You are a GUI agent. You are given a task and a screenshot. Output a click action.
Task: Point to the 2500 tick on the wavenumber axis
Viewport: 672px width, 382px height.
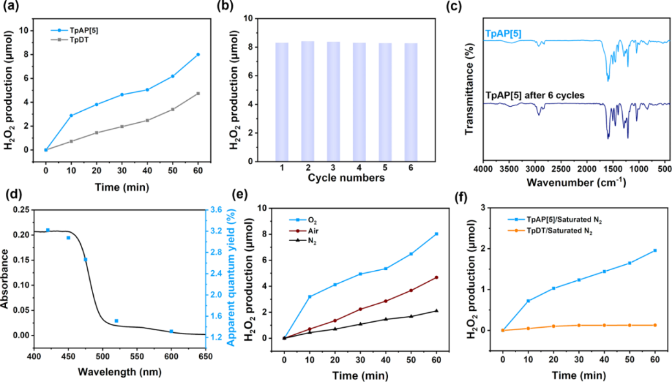[561, 169]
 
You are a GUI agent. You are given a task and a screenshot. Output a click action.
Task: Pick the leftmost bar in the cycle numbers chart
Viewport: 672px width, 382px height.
[281, 101]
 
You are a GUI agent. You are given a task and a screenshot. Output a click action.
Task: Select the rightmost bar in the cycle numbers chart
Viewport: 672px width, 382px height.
[411, 101]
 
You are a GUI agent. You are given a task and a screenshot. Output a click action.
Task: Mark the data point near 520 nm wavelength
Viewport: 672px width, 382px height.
[116, 321]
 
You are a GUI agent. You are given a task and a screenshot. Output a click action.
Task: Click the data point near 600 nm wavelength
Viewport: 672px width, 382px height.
[171, 332]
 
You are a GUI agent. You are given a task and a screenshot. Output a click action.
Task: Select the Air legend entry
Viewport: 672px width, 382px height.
[312, 230]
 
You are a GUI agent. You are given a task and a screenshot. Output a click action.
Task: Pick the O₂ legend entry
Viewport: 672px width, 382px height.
[312, 220]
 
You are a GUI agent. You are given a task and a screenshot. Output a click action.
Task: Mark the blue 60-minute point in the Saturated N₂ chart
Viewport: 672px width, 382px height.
[655, 250]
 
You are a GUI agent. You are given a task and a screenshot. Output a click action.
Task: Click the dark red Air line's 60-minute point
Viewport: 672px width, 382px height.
[437, 277]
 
